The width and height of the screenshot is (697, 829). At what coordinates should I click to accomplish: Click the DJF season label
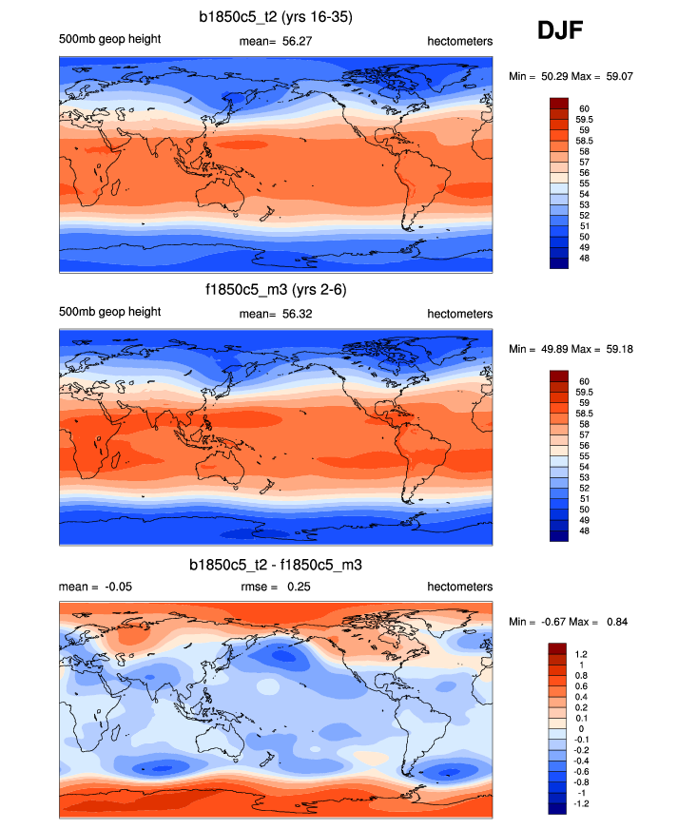click(x=560, y=31)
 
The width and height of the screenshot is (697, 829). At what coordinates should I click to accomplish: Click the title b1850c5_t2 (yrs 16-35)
click(x=276, y=16)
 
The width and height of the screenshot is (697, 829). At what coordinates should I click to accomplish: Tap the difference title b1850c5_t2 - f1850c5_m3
click(x=276, y=565)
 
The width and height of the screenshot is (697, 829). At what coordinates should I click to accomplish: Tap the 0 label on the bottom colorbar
click(x=582, y=728)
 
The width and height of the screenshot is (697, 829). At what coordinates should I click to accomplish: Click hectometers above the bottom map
click(x=459, y=587)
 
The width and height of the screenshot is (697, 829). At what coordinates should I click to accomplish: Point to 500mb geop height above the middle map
click(x=109, y=312)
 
